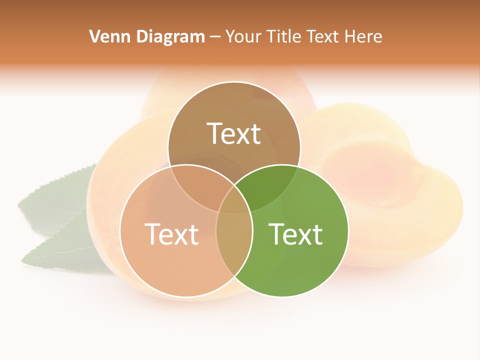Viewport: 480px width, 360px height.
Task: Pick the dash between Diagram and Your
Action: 215,37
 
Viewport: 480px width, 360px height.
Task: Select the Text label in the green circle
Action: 295,233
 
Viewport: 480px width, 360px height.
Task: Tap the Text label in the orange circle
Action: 171,233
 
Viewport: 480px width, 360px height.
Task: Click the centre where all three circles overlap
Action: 234,200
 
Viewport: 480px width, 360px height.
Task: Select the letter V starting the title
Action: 94,36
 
